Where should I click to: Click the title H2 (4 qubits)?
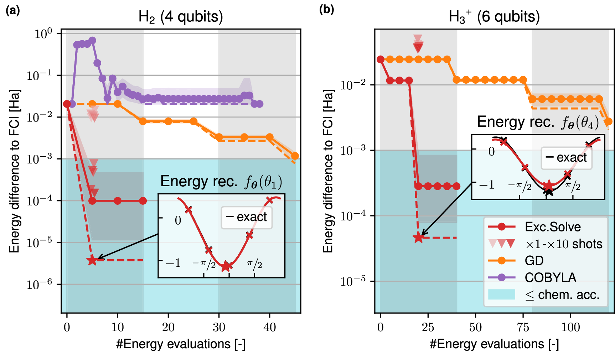pyautogui.click(x=181, y=17)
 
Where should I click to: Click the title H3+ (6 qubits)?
pyautogui.click(x=494, y=17)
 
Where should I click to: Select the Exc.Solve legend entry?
pyautogui.click(x=552, y=227)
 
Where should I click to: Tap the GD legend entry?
pyautogui.click(x=534, y=261)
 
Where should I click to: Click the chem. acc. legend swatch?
pyautogui.click(x=501, y=294)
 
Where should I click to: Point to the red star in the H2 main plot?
pyautogui.click(x=92, y=260)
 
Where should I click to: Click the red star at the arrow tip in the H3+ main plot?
pyautogui.click(x=419, y=238)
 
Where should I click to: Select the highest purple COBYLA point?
pyautogui.click(x=92, y=40)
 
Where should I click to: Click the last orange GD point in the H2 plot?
pyautogui.click(x=295, y=156)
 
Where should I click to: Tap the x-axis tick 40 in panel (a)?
pyautogui.click(x=269, y=327)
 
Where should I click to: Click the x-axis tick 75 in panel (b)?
pyautogui.click(x=523, y=327)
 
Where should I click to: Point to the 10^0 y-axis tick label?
pyautogui.click(x=43, y=34)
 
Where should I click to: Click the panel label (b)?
pyautogui.click(x=326, y=10)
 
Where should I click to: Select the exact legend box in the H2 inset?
pyautogui.click(x=247, y=217)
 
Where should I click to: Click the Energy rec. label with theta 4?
pyautogui.click(x=538, y=122)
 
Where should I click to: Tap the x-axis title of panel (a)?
pyautogui.click(x=181, y=344)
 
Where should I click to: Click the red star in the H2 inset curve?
pyautogui.click(x=225, y=266)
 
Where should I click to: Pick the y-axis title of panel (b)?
pyautogui.click(x=328, y=171)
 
